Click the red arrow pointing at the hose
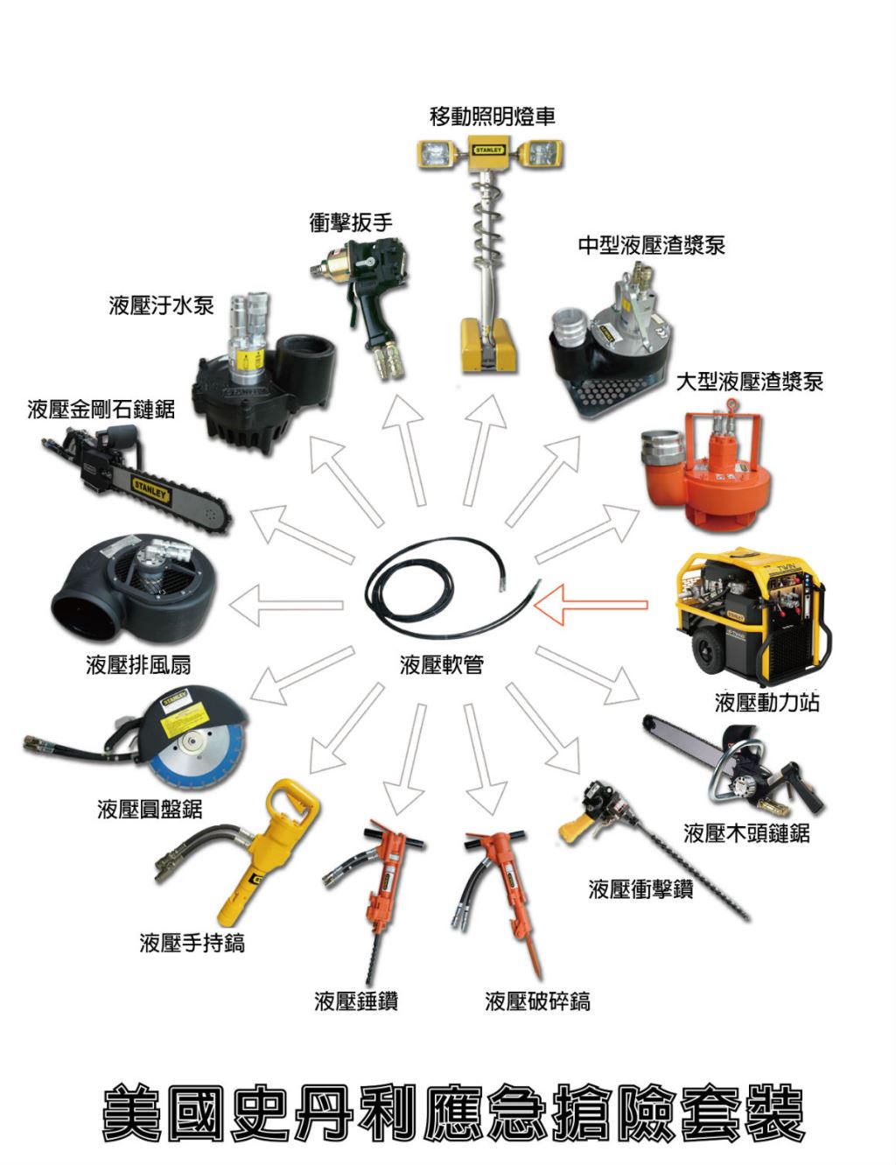591,606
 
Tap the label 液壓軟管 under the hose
442,665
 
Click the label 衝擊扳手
351,222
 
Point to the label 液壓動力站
766,702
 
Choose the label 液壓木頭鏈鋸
746,833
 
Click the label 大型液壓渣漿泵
749,382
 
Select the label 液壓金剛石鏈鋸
101,410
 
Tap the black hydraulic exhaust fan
134,590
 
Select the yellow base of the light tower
490,346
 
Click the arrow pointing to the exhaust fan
285,606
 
